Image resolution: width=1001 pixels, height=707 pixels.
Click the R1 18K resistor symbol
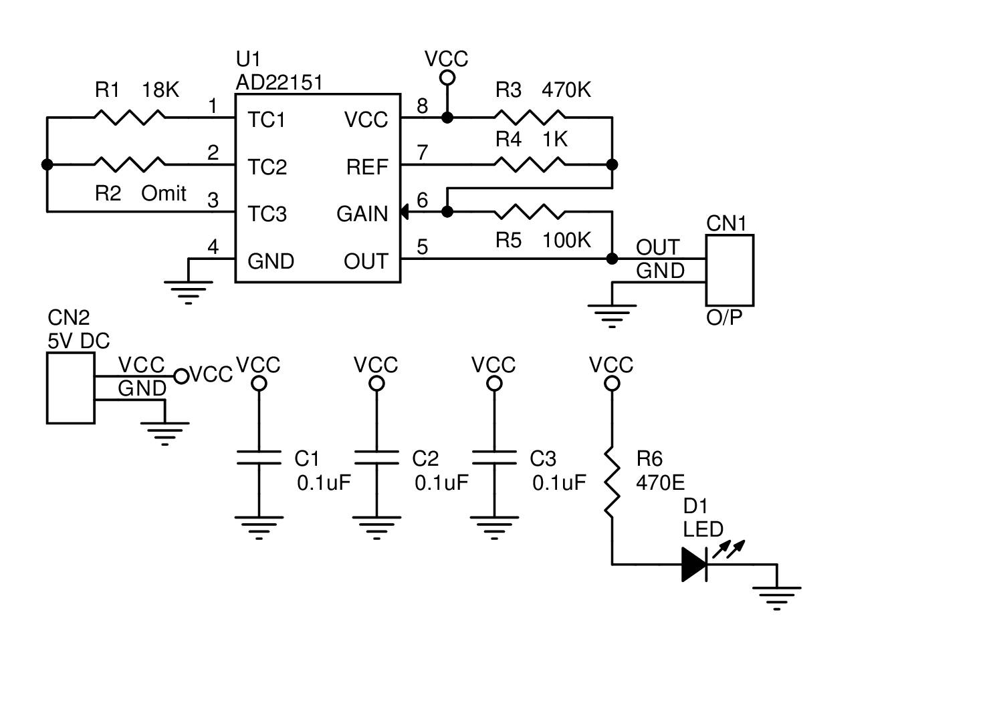pos(128,118)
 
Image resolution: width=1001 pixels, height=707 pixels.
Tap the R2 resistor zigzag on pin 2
pos(128,164)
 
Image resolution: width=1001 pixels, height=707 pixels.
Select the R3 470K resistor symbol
pos(529,118)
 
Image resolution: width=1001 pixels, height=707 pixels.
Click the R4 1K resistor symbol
pos(529,164)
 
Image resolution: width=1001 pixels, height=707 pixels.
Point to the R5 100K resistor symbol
pos(529,212)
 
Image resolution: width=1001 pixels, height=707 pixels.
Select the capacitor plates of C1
pos(259,458)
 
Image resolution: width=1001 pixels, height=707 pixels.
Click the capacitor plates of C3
pos(494,458)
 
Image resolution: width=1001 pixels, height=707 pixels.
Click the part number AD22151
pos(279,82)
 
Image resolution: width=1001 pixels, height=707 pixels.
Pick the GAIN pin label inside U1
pos(362,214)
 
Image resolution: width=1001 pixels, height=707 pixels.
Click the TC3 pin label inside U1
pos(267,214)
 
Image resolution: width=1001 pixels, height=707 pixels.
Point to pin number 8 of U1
pos(422,106)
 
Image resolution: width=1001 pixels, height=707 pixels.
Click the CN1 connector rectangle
pos(730,270)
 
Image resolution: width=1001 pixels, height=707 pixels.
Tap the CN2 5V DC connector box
pos(70,388)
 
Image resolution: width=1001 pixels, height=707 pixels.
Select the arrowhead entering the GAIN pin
pos(405,212)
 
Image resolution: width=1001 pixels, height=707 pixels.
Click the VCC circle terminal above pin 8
pos(447,78)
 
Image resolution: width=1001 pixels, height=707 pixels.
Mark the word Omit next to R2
pos(164,194)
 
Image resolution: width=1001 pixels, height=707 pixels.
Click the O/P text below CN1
pos(724,317)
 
